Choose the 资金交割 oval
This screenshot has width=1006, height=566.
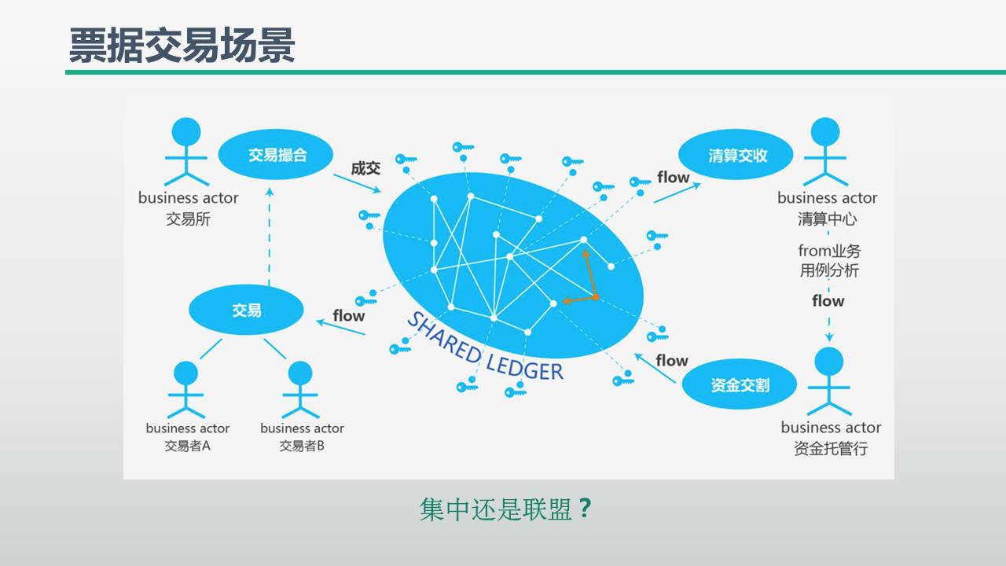pos(740,385)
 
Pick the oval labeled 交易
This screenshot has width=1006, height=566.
pos(246,311)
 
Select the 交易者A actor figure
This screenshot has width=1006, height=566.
pos(185,390)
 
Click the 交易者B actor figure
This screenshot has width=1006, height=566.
pos(300,390)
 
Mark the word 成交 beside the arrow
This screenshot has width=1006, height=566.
pos(365,167)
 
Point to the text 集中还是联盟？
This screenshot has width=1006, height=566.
pos(505,509)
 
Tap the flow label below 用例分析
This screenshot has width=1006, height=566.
pos(828,300)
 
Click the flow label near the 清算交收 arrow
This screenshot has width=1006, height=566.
pos(673,177)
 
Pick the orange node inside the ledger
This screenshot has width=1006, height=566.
pos(595,296)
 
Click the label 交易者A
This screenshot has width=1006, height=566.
pos(188,447)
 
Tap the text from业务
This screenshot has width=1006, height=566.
pos(829,251)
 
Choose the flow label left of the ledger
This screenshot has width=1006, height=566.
pos(348,315)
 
